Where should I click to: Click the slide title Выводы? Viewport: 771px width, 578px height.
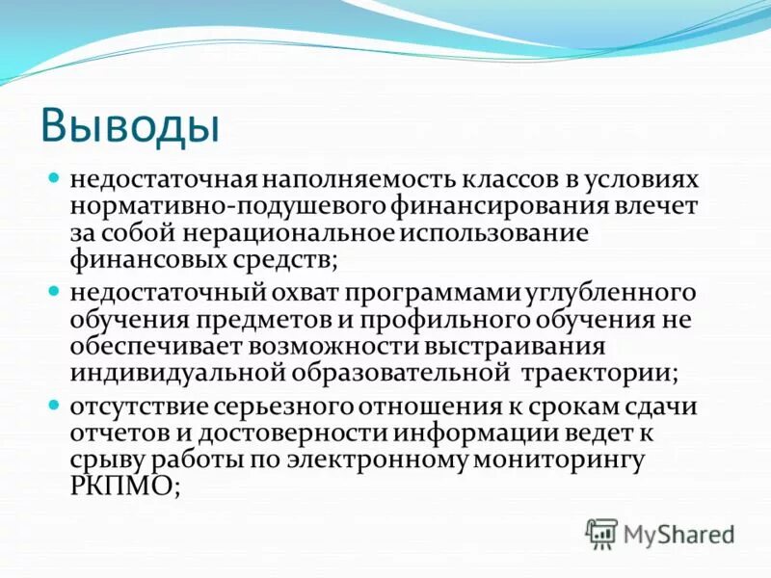click(x=131, y=124)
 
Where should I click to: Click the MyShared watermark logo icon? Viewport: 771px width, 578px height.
click(x=601, y=532)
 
